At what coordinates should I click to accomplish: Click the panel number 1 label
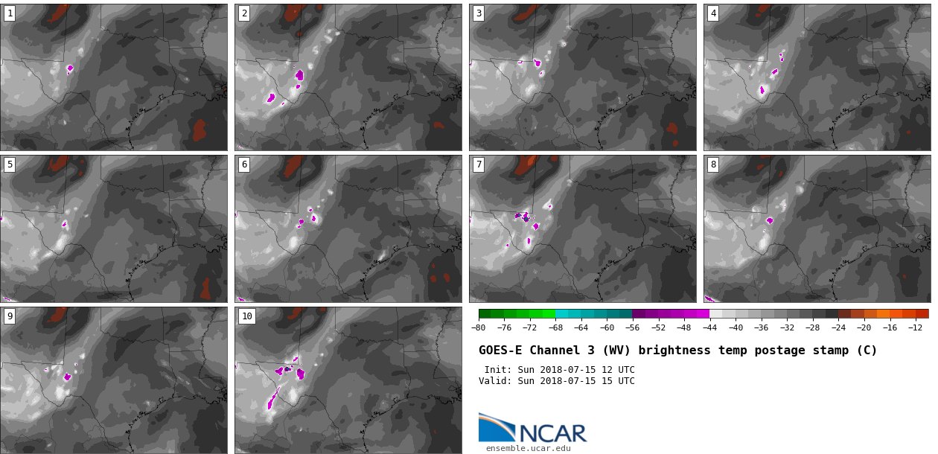coord(10,13)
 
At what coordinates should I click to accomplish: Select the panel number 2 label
coord(244,13)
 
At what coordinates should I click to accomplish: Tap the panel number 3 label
coord(479,13)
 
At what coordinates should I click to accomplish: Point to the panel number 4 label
coord(713,13)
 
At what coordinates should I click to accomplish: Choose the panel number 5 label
coord(10,164)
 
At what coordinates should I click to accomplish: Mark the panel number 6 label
coord(244,164)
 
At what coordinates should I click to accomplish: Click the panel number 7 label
coord(479,164)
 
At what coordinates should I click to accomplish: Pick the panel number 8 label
coord(713,164)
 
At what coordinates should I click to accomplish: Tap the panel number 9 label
coord(10,316)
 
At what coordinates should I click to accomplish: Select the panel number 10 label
coord(247,316)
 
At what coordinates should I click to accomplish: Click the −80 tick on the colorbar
coord(479,328)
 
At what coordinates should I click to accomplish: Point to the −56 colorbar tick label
coord(633,328)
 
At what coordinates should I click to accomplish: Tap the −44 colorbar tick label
coord(709,328)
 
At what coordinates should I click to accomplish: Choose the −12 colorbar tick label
coord(915,328)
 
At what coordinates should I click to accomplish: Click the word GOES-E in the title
coord(500,351)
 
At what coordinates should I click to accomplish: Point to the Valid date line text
coord(556,381)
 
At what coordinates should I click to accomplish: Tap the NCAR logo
coord(532,429)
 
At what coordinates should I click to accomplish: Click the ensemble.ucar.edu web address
coord(528,448)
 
